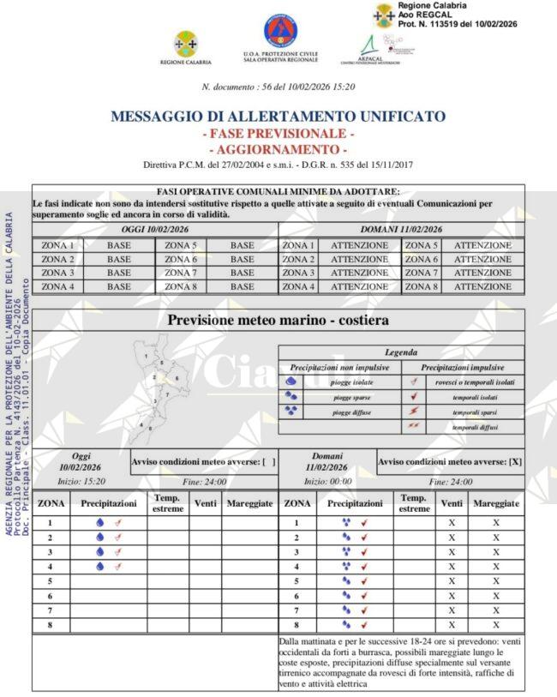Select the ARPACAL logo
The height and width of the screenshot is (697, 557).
click(x=369, y=47)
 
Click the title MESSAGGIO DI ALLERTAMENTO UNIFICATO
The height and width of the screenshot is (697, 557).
click(x=278, y=117)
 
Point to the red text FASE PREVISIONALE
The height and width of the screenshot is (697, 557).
click(x=278, y=134)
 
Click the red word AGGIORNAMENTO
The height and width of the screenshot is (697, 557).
click(x=278, y=150)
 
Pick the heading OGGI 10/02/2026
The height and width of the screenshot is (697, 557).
click(x=155, y=229)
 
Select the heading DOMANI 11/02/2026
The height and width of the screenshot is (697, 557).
click(x=401, y=229)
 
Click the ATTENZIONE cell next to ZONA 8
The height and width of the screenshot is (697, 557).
click(x=482, y=286)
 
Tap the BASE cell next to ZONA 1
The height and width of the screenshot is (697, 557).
click(x=119, y=245)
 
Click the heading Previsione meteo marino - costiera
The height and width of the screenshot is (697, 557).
click(x=278, y=320)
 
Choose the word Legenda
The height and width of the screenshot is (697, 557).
click(x=401, y=352)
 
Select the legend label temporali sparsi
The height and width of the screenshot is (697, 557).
click(x=476, y=412)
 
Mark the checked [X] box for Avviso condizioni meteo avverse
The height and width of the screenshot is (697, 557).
click(x=514, y=462)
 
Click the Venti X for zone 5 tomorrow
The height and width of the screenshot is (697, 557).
click(x=452, y=580)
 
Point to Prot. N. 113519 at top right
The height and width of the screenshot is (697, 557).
click(x=469, y=23)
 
